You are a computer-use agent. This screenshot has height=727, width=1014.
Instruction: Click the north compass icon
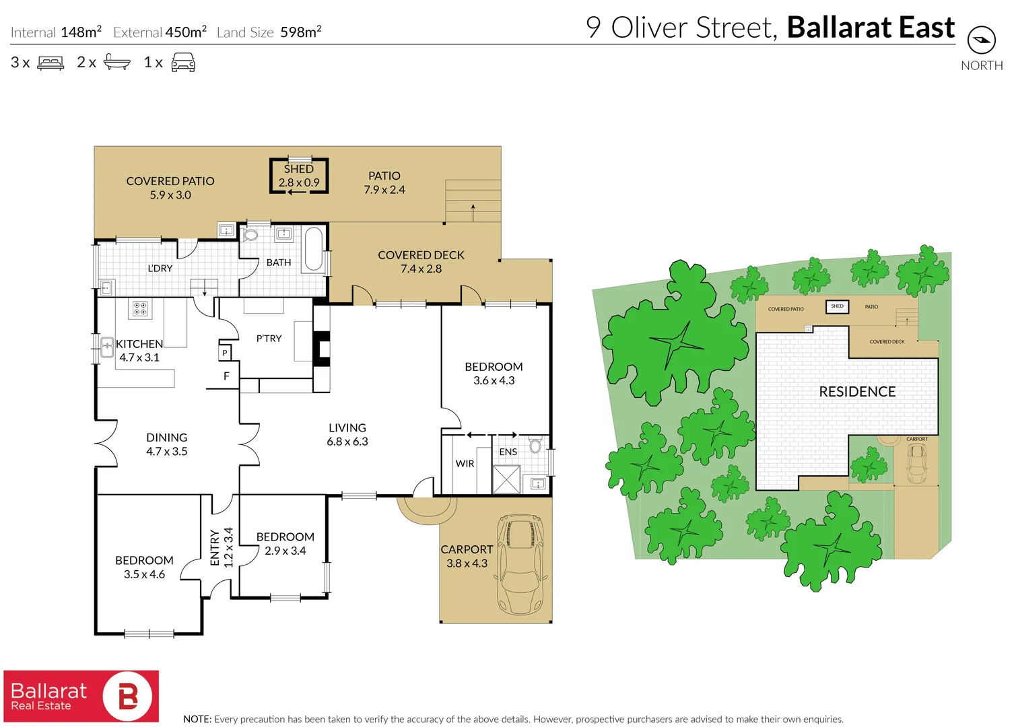pos(981,40)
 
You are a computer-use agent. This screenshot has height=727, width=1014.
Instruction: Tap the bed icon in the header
pos(50,63)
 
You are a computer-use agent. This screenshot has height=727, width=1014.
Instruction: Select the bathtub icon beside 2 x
pos(117,63)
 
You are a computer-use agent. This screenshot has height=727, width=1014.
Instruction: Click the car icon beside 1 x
pos(183,63)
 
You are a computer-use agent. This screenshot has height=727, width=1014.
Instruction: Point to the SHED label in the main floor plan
pos(298,169)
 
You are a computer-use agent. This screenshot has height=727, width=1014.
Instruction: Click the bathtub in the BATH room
pos(313,249)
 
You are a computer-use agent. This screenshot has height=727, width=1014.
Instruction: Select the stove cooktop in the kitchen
pos(140,309)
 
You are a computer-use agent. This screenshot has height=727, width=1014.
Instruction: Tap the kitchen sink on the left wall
pos(106,347)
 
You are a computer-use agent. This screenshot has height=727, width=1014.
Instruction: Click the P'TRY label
pos(269,339)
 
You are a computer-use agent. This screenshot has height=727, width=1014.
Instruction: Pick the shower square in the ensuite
pos(506,479)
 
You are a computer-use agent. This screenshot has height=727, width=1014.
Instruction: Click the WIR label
pos(465,464)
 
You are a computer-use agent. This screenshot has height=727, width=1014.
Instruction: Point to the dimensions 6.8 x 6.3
pos(347,442)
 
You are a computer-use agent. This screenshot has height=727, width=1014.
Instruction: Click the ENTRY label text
pos(215,547)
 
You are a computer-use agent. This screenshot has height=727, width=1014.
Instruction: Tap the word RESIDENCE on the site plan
pos(856,392)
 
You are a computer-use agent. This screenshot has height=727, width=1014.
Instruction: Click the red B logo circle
pos(129,696)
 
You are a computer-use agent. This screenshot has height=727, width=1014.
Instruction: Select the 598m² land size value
pos(300,32)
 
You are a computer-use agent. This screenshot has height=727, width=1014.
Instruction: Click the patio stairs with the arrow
pos(473,201)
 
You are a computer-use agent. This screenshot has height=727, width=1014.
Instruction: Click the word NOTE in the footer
pos(197,719)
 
